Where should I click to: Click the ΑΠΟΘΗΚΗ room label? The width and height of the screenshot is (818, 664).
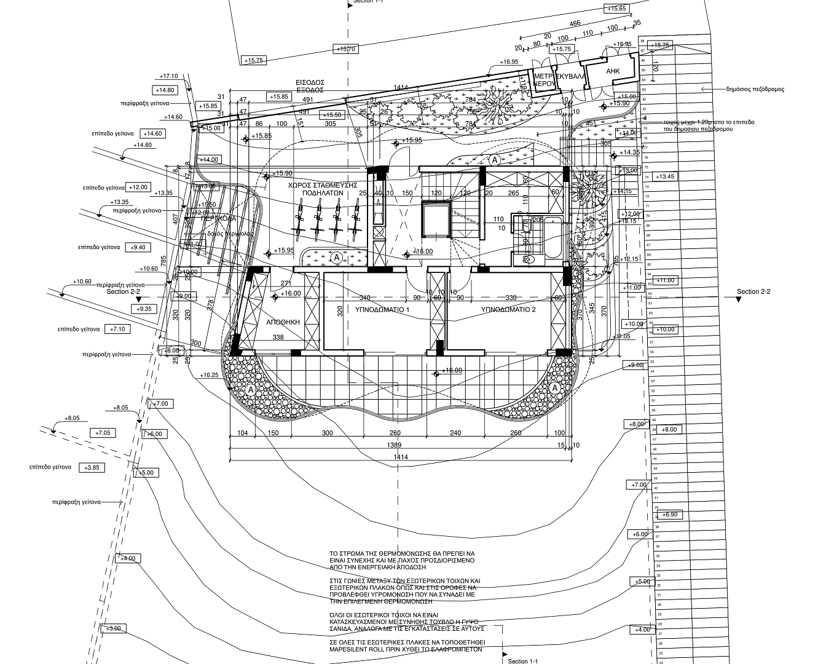click(283, 322)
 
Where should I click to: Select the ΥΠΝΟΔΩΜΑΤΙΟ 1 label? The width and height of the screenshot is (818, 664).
click(382, 310)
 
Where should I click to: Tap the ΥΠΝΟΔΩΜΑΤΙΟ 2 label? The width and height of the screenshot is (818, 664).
click(508, 310)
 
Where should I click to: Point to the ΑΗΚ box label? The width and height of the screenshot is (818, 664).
click(613, 71)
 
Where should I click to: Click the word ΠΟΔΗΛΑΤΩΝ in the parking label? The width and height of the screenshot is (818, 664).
click(322, 192)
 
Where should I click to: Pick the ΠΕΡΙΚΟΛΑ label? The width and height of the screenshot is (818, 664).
click(218, 218)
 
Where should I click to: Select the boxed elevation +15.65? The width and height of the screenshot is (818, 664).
click(616, 9)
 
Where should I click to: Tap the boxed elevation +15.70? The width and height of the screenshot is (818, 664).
click(345, 49)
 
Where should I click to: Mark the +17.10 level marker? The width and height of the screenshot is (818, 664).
click(168, 76)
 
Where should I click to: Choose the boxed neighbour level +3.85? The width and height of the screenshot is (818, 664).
click(91, 468)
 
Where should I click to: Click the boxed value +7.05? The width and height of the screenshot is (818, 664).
click(103, 433)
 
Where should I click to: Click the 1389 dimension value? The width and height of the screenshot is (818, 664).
click(395, 445)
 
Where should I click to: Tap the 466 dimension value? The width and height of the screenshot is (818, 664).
click(575, 24)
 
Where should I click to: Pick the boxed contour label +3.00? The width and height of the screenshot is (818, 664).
click(114, 628)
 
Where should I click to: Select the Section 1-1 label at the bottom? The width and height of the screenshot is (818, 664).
click(523, 661)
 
